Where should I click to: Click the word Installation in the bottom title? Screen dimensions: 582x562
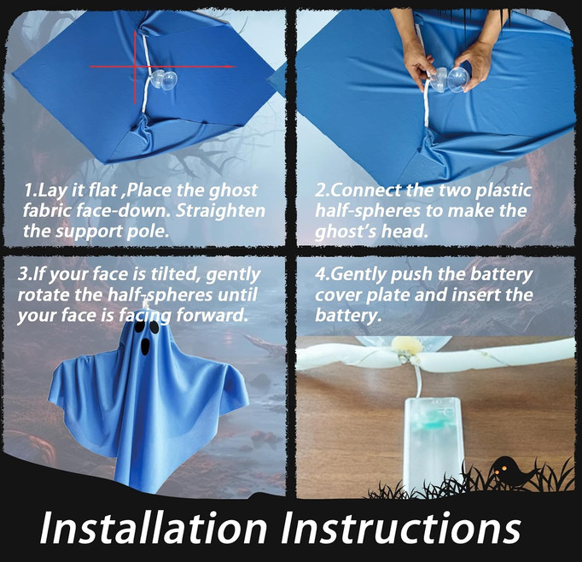[153, 528]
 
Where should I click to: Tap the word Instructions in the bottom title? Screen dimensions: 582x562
[401, 528]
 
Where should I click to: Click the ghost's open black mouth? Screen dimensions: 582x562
[145, 346]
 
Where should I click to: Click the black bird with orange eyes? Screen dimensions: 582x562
[511, 471]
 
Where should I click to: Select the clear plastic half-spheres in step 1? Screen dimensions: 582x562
[163, 79]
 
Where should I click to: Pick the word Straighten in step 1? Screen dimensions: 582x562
[220, 211]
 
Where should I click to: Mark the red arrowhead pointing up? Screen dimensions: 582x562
[135, 35]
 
